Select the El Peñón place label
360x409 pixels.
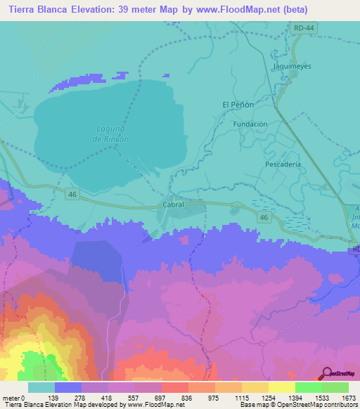238,105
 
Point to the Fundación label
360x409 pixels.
250,124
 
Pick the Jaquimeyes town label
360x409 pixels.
288,66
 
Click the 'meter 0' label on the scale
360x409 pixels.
15,397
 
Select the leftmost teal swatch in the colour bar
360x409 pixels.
41,387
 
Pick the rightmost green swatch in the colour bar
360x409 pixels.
335,387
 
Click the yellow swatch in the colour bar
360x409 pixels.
281,387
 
